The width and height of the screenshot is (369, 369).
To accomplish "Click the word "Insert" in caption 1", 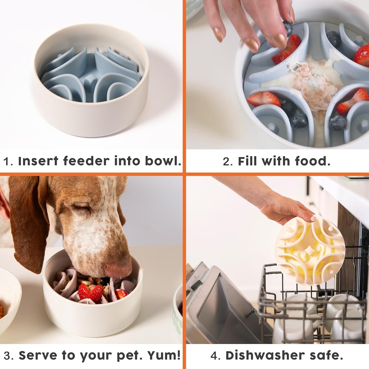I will click(x=38, y=161).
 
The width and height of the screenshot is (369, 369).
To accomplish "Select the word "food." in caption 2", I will click(x=313, y=161).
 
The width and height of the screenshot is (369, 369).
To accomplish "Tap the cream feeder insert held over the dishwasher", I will click(x=310, y=250).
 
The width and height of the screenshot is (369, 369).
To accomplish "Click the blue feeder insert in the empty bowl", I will click(x=91, y=77).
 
